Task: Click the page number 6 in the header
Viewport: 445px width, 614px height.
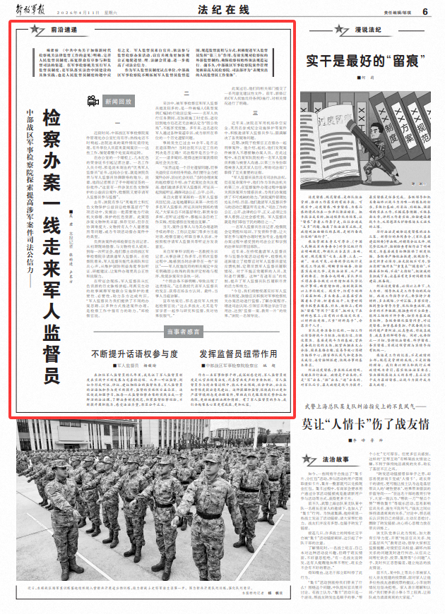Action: [x=426, y=11]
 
